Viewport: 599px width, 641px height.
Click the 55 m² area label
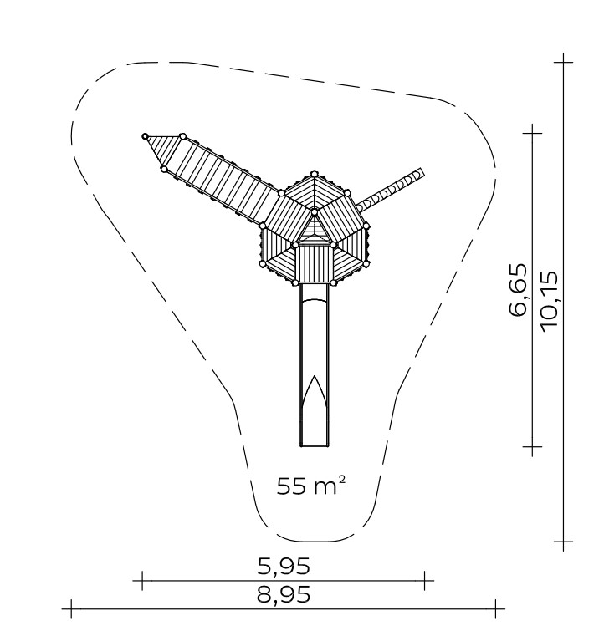point(311,486)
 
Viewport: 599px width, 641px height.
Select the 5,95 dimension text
point(284,566)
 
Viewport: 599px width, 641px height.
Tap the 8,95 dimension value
point(284,595)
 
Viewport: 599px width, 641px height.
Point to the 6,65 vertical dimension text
point(518,289)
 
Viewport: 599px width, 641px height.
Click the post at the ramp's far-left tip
point(145,136)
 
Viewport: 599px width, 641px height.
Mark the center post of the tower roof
point(315,212)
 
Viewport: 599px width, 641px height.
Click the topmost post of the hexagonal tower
point(314,174)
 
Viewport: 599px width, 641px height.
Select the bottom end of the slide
point(315,445)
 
